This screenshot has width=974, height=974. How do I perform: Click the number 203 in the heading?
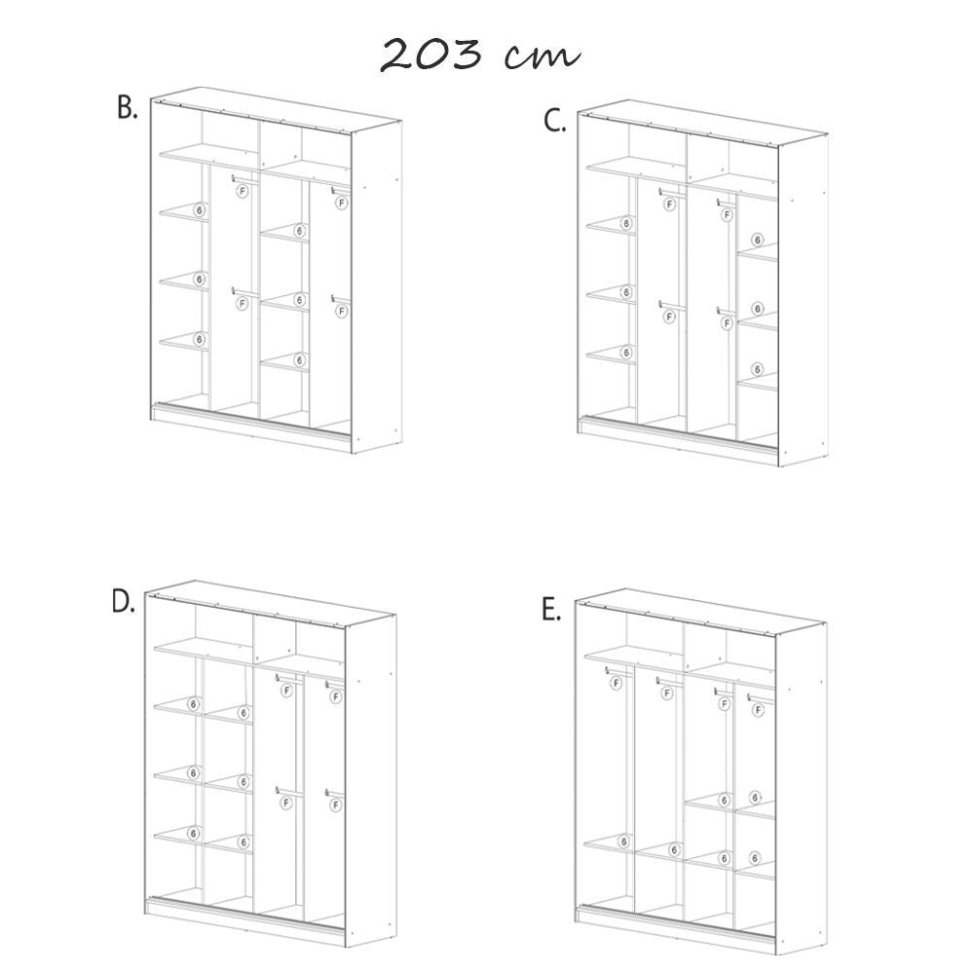431,55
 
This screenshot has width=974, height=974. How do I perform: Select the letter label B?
127,108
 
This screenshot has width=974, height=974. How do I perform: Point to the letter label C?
554,122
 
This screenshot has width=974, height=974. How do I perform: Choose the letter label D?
122,602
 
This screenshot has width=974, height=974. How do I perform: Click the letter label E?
551,611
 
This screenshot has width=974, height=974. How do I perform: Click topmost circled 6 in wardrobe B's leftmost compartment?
200,209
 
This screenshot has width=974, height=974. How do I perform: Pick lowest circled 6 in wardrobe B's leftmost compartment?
200,339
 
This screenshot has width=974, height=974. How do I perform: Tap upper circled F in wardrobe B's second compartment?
243,192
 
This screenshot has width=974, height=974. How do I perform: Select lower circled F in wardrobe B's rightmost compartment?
341,311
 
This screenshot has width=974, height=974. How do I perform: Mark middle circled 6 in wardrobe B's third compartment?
299,299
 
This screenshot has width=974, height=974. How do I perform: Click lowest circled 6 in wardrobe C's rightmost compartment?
757,369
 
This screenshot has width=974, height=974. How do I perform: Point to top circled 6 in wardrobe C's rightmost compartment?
757,240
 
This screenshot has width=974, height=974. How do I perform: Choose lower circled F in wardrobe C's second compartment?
670,317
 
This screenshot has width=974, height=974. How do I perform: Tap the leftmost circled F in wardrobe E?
616,683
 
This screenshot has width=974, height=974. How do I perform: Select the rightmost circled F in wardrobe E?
758,710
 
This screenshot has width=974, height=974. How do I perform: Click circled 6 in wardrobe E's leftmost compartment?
624,840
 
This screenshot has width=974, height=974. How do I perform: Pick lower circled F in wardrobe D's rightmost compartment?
335,805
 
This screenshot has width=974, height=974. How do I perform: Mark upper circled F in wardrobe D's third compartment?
285,691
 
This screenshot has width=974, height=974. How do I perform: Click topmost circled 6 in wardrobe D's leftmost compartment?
194,703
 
